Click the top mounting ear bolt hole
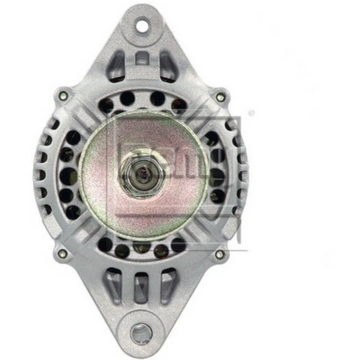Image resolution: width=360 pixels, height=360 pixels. pyautogui.click(x=142, y=26)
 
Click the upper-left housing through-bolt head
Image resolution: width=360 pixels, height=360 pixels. pyautogui.click(x=63, y=95)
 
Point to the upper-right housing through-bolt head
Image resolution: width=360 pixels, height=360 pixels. pyautogui.click(x=220, y=96)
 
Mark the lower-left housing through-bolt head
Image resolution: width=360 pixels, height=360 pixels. pyautogui.click(x=62, y=253)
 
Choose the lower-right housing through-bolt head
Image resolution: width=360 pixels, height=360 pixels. pyautogui.click(x=220, y=254)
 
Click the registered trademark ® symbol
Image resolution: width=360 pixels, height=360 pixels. pyautogui.click(x=251, y=113)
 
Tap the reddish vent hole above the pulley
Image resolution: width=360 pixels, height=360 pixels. pyautogui.click(x=178, y=104)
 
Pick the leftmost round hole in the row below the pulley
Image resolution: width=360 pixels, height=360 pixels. pyautogui.click(x=106, y=244)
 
